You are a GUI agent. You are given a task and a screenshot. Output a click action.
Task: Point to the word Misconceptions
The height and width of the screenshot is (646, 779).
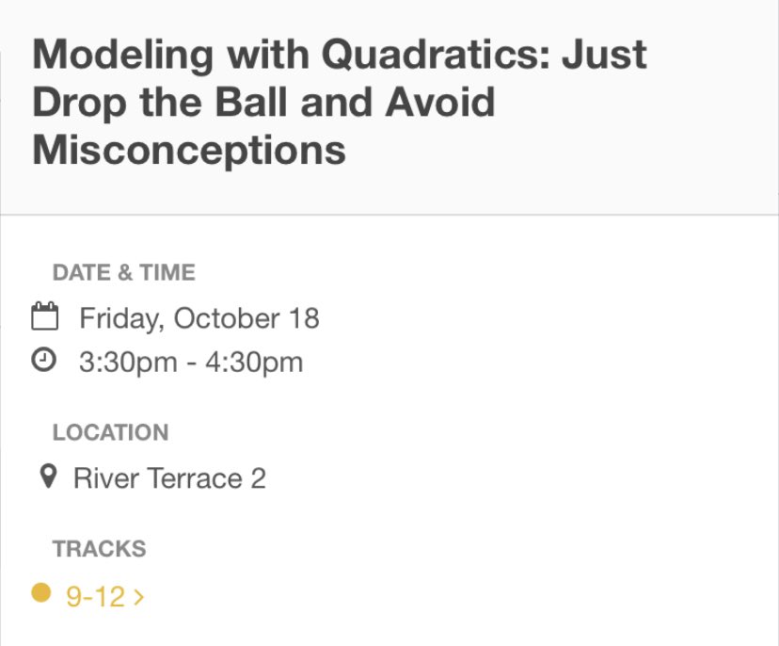tap(189, 149)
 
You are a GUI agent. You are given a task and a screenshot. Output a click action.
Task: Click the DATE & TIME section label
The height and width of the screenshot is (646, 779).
tap(124, 273)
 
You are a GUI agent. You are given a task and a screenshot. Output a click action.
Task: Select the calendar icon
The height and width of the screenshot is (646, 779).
tap(45, 316)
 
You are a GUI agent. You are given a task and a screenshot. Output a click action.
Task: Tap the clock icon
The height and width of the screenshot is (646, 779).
tap(45, 360)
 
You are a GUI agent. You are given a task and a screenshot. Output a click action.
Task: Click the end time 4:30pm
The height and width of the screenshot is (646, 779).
tap(254, 362)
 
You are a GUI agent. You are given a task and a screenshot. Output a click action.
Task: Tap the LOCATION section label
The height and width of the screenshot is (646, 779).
tap(111, 433)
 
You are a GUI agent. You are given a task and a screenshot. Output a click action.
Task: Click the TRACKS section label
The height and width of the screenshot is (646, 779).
tap(100, 549)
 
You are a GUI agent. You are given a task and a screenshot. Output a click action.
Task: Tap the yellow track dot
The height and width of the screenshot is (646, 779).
tap(40, 593)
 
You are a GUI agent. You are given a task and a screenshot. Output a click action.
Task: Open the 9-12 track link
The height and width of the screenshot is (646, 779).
tap(95, 596)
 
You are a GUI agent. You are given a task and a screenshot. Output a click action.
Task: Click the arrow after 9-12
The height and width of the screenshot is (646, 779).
tap(139, 596)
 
